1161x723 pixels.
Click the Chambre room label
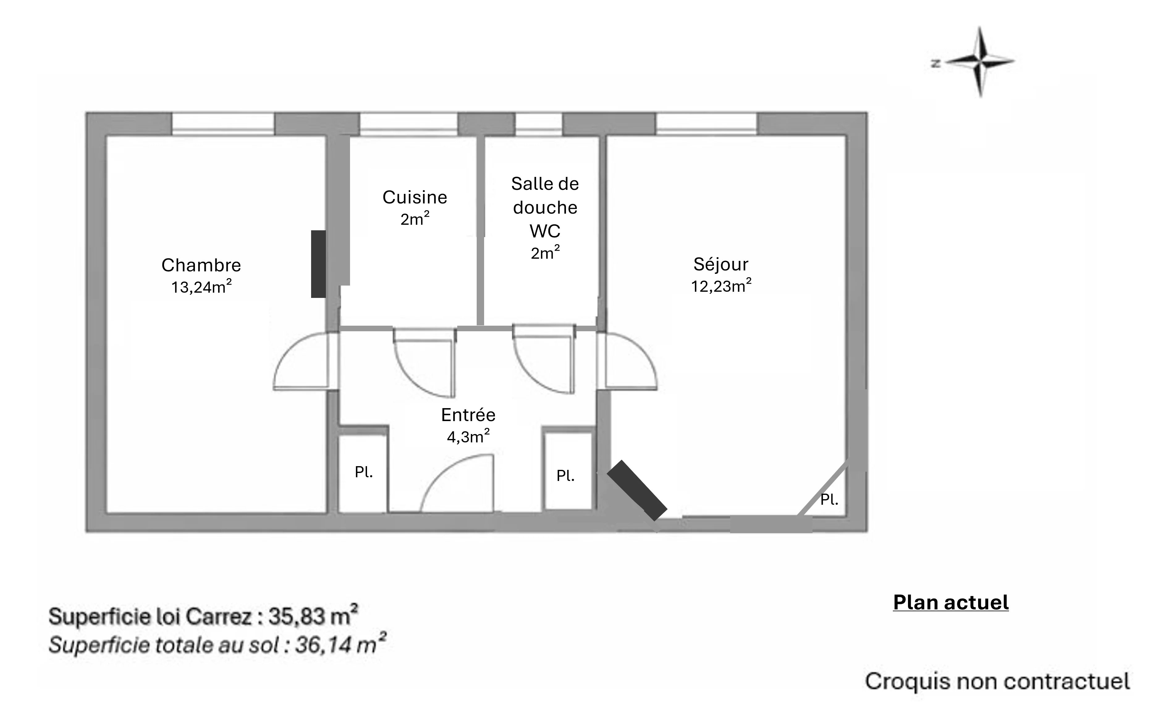pyautogui.click(x=201, y=265)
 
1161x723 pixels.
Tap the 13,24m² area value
pyautogui.click(x=201, y=286)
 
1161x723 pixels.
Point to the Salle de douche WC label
pyautogui.click(x=545, y=207)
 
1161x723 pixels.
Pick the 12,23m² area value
pyautogui.click(x=721, y=286)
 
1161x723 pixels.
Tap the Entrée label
pyautogui.click(x=468, y=415)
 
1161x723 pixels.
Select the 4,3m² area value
pyautogui.click(x=468, y=436)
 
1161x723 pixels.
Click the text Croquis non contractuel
pyautogui.click(x=997, y=681)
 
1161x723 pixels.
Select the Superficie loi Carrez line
pyautogui.click(x=203, y=616)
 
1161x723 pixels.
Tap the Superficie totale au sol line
pyautogui.click(x=217, y=644)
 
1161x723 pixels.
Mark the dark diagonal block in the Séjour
pyautogui.click(x=637, y=490)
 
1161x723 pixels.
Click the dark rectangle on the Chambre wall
pyautogui.click(x=319, y=264)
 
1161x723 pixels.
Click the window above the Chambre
pyautogui.click(x=223, y=124)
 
